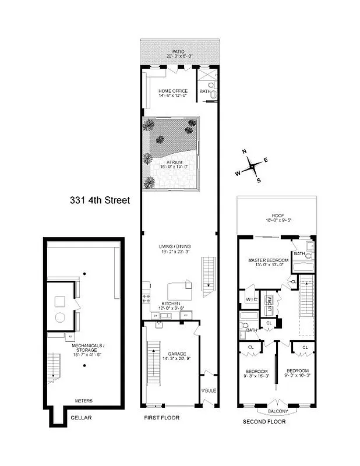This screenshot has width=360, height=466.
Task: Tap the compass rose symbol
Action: (252, 166)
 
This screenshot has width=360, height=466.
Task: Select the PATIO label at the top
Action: (179, 52)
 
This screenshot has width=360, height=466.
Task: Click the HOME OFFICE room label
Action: (173, 91)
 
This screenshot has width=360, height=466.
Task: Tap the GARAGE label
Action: (177, 354)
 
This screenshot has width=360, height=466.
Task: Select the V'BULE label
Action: (208, 390)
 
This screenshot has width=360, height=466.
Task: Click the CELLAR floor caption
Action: (81, 418)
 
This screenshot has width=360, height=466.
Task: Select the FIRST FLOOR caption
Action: (161, 418)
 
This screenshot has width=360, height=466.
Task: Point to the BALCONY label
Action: (277, 411)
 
